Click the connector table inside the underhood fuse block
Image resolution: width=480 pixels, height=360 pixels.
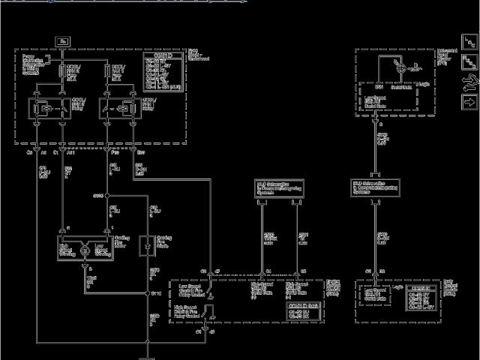[163, 71]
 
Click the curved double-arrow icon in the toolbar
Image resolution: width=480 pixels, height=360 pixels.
[469, 81]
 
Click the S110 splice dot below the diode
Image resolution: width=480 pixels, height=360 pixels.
[148, 293]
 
